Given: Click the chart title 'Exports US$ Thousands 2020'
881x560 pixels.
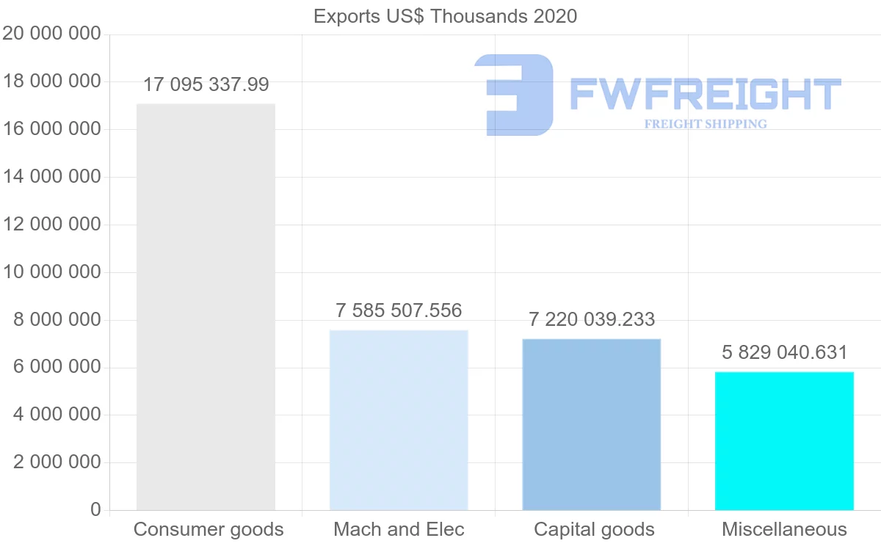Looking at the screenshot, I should (445, 16).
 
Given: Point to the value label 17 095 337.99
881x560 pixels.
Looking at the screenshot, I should (206, 84).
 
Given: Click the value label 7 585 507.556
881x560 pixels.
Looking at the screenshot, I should (399, 310).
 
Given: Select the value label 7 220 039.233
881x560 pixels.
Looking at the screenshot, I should (592, 319).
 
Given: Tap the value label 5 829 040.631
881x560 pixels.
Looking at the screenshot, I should (784, 352).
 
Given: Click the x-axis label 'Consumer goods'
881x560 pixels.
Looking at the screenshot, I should (209, 529).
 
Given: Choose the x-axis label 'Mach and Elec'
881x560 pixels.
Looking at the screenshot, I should (399, 529).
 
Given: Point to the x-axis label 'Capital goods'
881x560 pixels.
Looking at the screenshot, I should (594, 529).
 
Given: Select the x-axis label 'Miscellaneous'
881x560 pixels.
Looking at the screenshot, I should (784, 529).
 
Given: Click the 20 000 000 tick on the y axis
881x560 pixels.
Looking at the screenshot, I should (51, 34).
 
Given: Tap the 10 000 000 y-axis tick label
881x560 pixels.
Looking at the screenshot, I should (51, 272).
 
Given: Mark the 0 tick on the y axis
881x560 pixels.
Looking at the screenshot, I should (95, 509).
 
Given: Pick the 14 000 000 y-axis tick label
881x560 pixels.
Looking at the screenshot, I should (51, 177).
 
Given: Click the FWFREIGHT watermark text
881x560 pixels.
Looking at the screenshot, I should (705, 95).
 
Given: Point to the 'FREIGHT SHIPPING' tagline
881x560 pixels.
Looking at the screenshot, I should (705, 124).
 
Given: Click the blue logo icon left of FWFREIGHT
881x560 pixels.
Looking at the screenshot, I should (513, 95).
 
